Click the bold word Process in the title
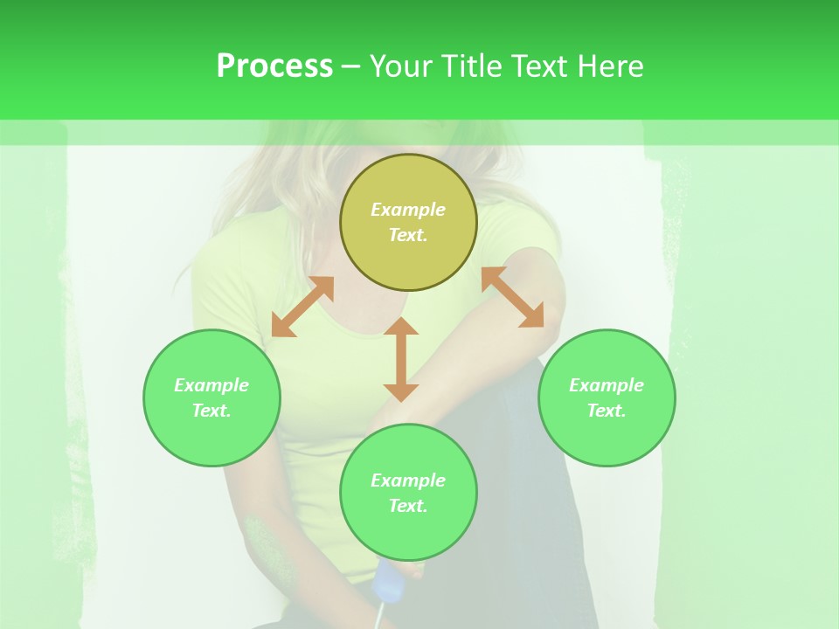(274, 66)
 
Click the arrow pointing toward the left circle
(302, 307)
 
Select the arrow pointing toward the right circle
(513, 297)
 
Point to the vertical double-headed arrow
(401, 359)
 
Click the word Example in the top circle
(408, 210)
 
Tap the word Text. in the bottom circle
(408, 506)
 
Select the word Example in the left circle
(211, 385)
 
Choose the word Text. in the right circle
(607, 411)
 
